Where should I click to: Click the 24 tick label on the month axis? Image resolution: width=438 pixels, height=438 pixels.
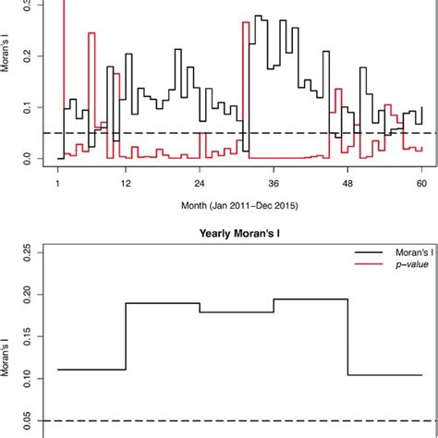pos(200,184)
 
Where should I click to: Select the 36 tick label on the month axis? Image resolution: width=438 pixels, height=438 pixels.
pos(274,184)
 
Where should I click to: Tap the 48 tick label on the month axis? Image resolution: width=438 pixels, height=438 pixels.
pos(348,184)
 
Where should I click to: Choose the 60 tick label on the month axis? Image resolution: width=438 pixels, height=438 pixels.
pos(422,184)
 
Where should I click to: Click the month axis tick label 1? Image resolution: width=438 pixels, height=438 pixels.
pos(58,184)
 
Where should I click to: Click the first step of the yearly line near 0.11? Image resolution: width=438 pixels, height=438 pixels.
pos(91,370)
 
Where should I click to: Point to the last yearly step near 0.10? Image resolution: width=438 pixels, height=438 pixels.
pos(384,375)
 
